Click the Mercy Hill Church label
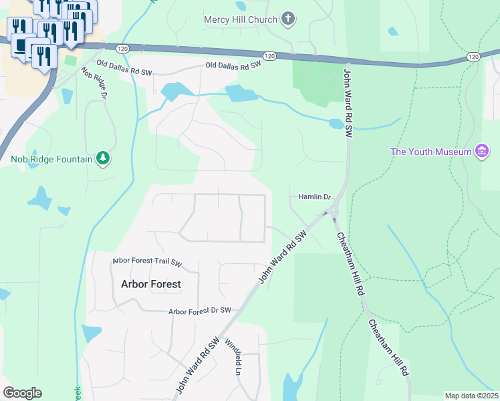[240, 19]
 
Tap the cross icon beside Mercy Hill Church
[288, 19]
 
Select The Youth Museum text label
[431, 152]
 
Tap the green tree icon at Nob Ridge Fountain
[103, 158]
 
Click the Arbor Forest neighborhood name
[150, 284]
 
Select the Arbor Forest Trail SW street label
[147, 262]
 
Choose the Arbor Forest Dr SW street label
[199, 311]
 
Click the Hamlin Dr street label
[314, 196]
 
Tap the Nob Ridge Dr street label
[94, 83]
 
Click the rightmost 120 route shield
[473, 57]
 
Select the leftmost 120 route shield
[122, 49]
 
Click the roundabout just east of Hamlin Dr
[334, 212]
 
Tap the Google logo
[22, 393]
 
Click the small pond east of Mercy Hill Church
[392, 31]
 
